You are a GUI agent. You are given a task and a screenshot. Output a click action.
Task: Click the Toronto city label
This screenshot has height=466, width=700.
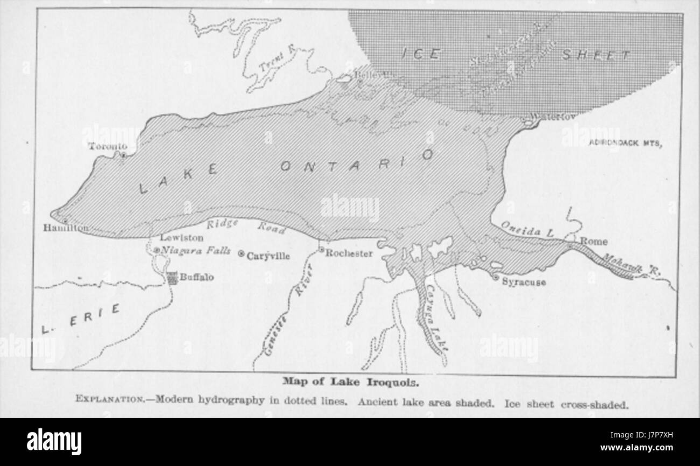click(108, 146)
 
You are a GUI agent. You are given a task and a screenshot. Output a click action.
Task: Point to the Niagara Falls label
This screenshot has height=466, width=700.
click(196, 251)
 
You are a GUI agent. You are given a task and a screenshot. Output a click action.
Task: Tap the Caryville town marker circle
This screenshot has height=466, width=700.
click(241, 254)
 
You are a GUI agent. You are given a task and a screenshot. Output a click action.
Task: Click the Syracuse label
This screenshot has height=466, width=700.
click(524, 282)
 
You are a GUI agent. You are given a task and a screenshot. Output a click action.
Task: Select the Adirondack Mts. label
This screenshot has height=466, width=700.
click(625, 143)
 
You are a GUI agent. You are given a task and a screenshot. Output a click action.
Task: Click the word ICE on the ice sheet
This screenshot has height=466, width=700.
click(422, 54)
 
